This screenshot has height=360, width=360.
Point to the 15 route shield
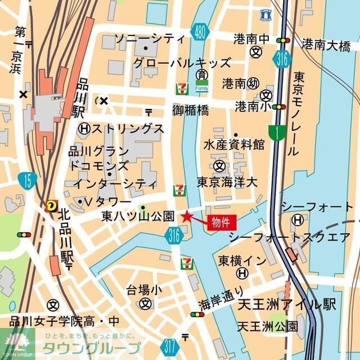pos(26,180)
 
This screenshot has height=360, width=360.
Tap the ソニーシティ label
pos(149,39)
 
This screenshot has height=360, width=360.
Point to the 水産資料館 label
pos(234,145)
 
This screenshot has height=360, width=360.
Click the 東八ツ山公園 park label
pos(137,216)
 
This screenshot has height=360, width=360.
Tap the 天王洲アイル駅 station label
pos(286,305)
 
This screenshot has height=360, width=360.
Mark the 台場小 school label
pos(143,290)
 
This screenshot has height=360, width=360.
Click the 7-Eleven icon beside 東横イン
pos(186,263)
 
